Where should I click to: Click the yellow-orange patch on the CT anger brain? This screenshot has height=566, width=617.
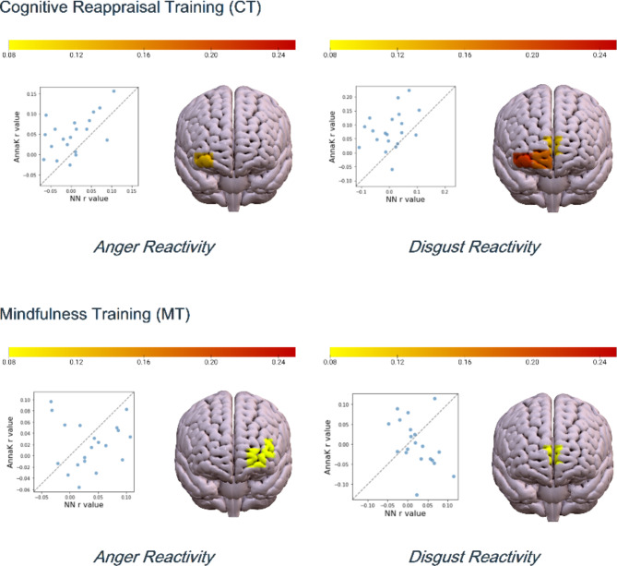coord(203,161)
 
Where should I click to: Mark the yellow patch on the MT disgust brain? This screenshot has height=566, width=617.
coord(553,454)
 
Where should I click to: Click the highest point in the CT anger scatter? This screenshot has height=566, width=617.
coord(114,90)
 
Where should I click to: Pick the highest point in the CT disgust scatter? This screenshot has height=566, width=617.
coord(409,90)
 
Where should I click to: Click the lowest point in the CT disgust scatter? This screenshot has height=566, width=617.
coord(392,169)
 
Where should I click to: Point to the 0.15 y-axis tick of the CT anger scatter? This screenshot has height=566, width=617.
coord(31,94)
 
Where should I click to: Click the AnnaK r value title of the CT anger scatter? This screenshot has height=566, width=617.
coord(16,134)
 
